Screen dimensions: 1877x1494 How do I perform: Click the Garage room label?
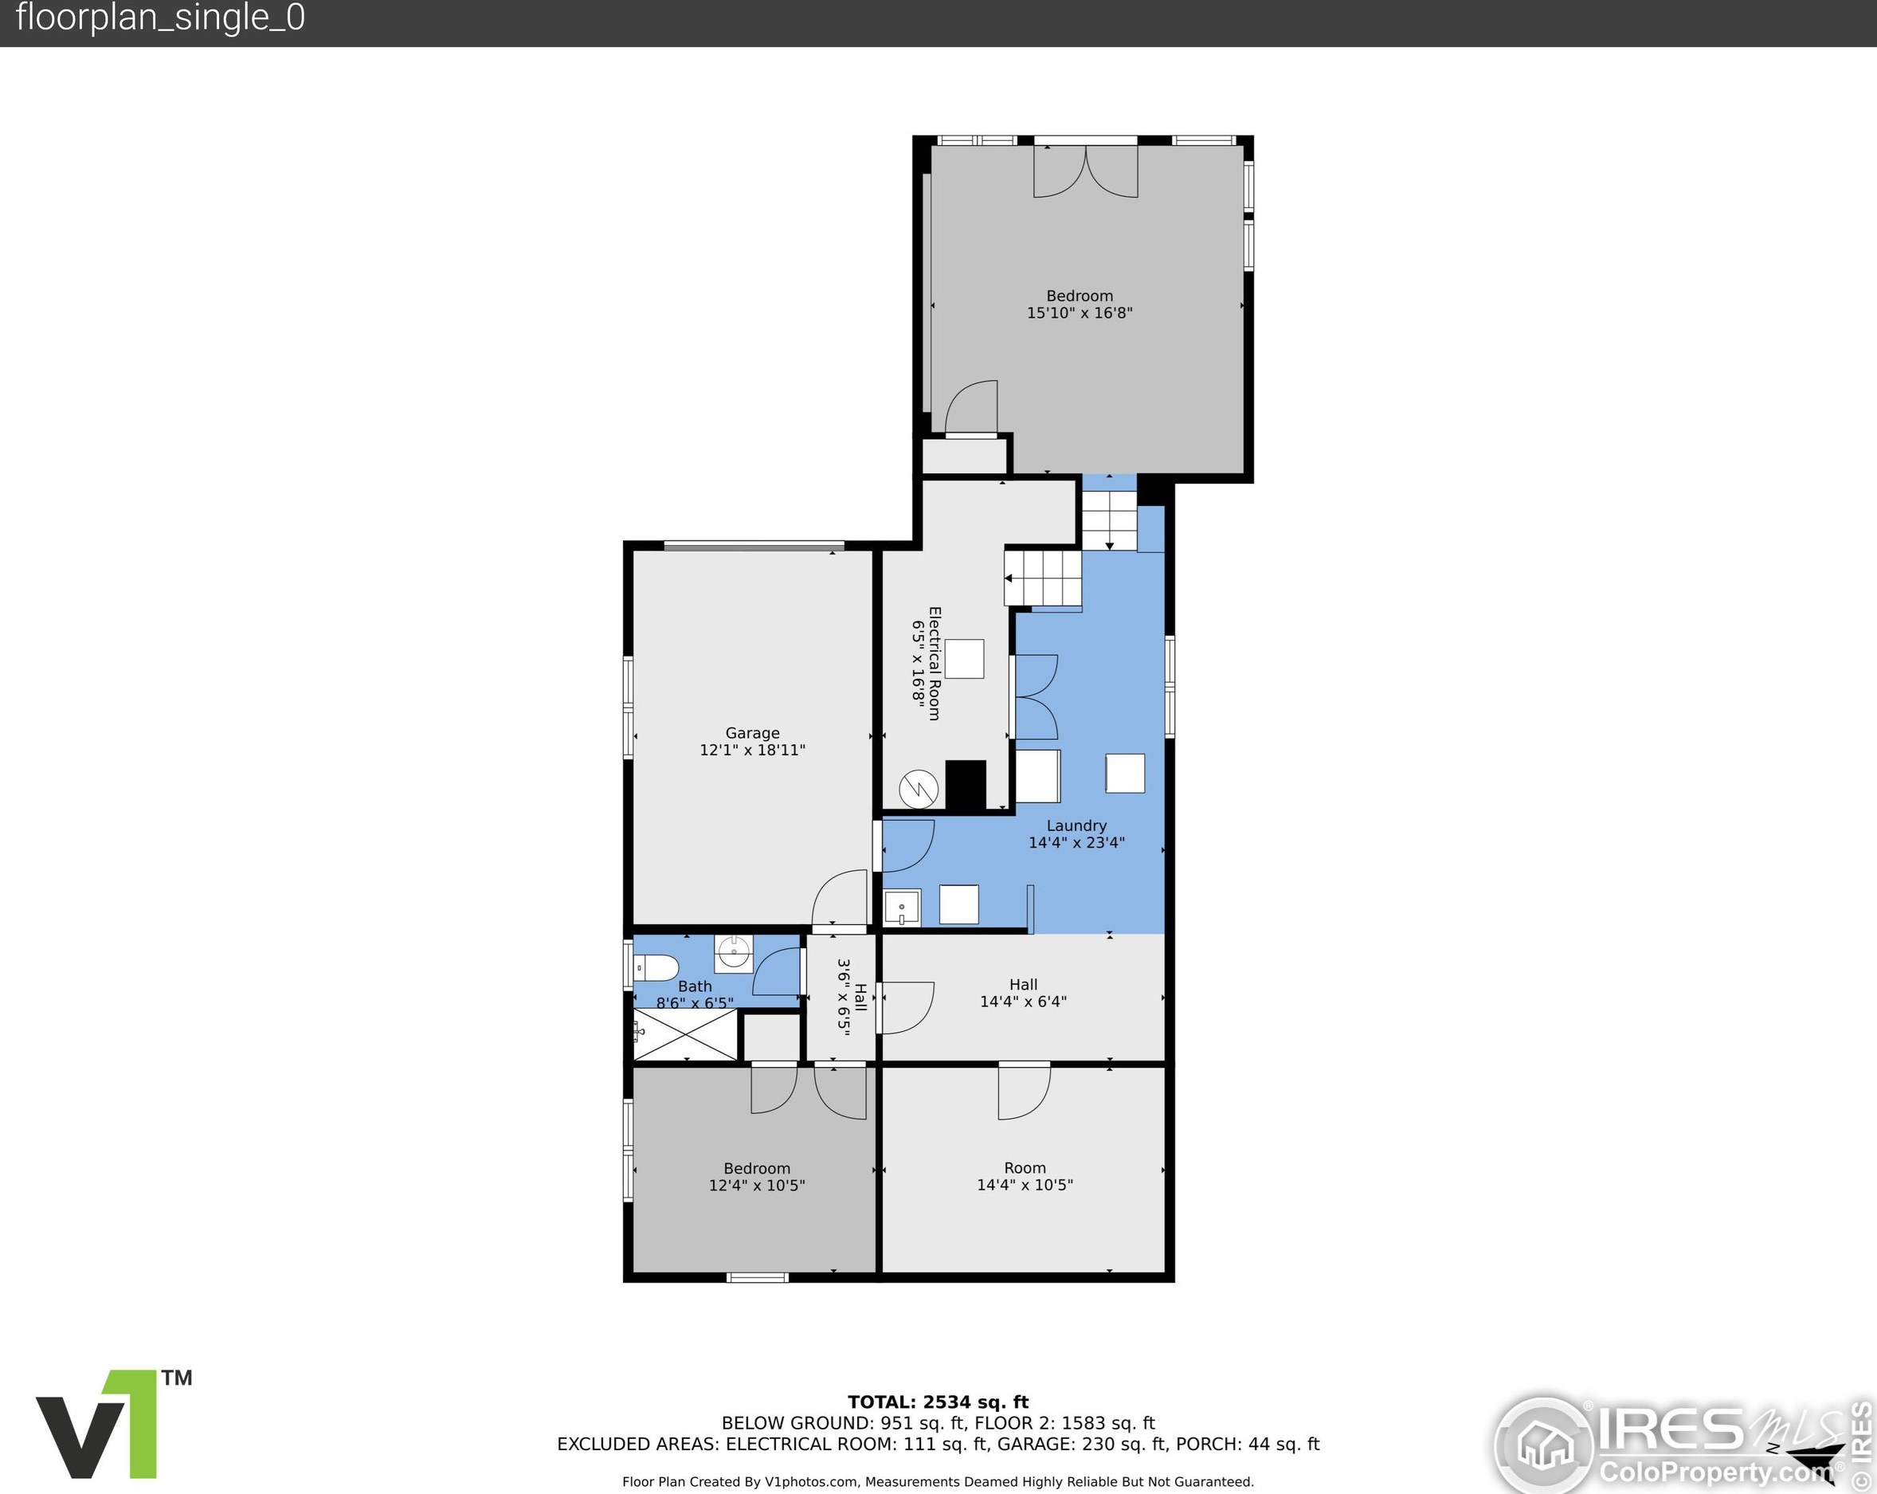752,733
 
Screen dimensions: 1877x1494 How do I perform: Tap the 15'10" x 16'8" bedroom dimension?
1080,312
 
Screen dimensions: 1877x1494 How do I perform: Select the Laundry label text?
1077,825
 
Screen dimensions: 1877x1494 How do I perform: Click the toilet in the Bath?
656,967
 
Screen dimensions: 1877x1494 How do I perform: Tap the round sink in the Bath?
734,953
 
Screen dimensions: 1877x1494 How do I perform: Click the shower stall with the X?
685,1034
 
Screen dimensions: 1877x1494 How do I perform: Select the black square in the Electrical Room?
966,786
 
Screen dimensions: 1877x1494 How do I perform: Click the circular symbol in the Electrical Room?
919,790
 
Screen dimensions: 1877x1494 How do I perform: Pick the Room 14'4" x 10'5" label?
1025,1176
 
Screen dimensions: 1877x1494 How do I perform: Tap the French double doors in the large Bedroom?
1086,171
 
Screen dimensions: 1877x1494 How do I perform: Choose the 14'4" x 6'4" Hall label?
1024,993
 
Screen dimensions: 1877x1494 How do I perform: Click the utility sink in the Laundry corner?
902,908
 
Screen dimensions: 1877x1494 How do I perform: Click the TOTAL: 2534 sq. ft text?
939,1402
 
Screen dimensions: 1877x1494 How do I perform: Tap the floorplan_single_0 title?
160,18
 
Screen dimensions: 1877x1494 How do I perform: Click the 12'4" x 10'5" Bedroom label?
757,1177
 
